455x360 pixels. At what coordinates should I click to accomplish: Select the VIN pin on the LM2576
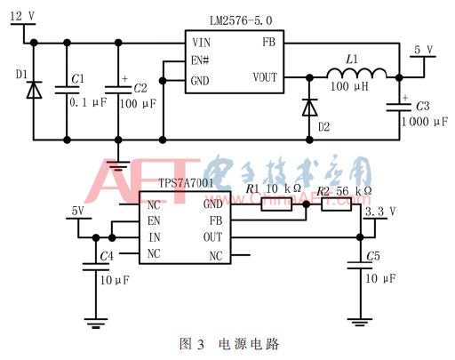(x=200, y=42)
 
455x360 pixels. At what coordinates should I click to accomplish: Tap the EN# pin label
(x=200, y=60)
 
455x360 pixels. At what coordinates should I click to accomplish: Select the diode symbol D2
(x=309, y=107)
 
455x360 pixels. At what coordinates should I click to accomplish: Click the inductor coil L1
(x=352, y=74)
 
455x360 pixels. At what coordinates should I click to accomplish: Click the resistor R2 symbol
(x=337, y=205)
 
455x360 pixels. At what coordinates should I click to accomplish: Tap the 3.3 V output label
(x=381, y=212)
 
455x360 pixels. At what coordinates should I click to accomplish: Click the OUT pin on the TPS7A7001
(x=212, y=236)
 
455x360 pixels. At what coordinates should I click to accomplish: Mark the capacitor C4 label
(x=107, y=256)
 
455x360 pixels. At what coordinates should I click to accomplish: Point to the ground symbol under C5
(x=360, y=323)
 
